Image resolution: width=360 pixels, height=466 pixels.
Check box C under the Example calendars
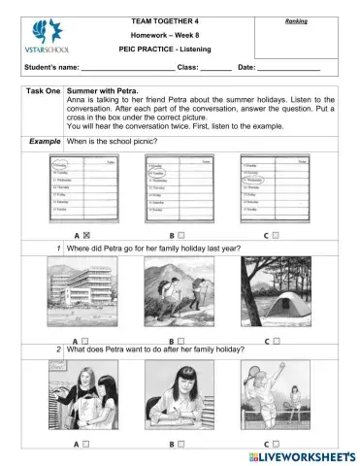[276, 236]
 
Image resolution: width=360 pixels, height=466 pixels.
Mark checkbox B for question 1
[181, 340]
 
